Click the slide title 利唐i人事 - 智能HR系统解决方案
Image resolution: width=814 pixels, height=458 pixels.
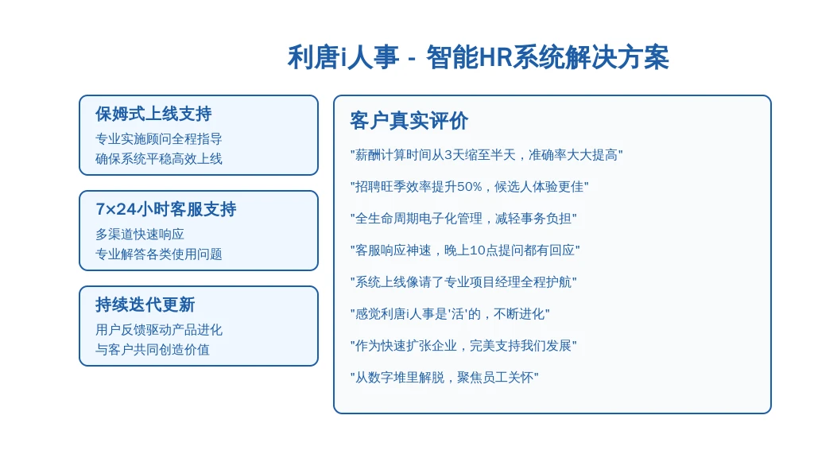[478, 57]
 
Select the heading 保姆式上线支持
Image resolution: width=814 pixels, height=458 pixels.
[153, 114]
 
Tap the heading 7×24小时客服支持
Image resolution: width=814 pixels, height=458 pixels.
[165, 209]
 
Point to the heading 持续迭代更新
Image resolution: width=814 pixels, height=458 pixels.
[145, 305]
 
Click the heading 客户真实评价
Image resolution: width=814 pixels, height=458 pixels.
[409, 121]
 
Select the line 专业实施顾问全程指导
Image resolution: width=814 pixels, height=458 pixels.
[158, 138]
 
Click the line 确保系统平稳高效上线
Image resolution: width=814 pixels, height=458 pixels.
[158, 158]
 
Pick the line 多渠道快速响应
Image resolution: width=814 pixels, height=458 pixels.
[140, 235]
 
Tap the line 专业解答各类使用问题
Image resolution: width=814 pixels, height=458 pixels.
[158, 254]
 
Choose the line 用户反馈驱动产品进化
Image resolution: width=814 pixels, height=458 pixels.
[158, 330]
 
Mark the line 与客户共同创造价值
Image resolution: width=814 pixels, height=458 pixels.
[152, 350]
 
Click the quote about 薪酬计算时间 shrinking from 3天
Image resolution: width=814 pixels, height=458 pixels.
[486, 155]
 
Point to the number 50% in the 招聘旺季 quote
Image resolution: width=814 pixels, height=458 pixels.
[469, 186]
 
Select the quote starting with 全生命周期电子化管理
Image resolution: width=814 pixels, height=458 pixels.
[463, 218]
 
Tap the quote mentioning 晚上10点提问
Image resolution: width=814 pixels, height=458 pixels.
[465, 250]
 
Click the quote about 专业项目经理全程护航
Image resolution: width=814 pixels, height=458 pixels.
[463, 282]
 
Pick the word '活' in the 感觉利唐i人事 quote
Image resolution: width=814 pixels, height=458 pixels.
[459, 313]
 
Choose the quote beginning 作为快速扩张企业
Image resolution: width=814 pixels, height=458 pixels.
[463, 345]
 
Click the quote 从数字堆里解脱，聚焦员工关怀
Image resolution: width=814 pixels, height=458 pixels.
[444, 378]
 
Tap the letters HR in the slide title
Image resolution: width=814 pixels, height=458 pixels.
[495, 57]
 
